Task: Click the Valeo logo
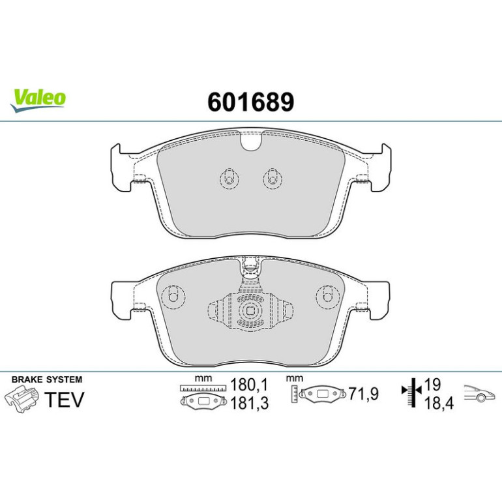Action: click(38, 100)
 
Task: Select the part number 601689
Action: click(251, 102)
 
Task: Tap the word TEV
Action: click(64, 399)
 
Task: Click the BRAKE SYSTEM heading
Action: click(47, 379)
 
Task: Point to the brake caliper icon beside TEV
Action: click(22, 398)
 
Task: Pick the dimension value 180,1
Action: click(249, 385)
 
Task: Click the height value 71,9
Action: click(363, 394)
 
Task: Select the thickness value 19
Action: click(432, 384)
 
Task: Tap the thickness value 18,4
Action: click(439, 403)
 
